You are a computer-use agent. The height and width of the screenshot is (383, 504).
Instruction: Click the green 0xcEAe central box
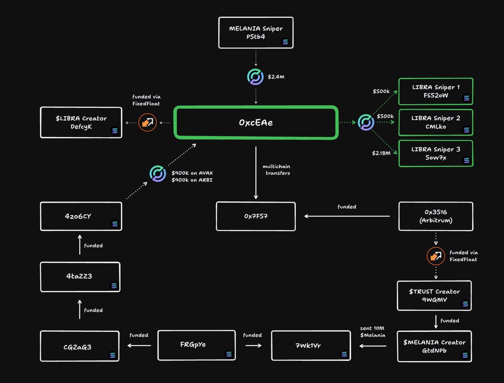pyautogui.click(x=256, y=122)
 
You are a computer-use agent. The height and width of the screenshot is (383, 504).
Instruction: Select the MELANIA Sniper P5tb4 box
pyautogui.click(x=256, y=33)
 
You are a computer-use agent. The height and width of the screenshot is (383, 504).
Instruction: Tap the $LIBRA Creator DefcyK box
pyautogui.click(x=81, y=122)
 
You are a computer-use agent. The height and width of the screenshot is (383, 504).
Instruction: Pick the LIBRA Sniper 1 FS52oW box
pyautogui.click(x=436, y=91)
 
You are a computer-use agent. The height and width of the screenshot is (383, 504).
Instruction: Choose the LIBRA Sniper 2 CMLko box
pyautogui.click(x=436, y=122)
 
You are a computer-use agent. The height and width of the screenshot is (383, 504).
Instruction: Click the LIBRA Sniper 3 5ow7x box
pyautogui.click(x=436, y=154)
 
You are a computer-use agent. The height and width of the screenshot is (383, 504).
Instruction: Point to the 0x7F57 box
pyautogui.click(x=256, y=216)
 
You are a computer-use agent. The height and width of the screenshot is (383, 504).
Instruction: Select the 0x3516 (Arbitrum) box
pyautogui.click(x=435, y=216)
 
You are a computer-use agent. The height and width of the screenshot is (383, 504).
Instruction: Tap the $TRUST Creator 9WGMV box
pyautogui.click(x=434, y=296)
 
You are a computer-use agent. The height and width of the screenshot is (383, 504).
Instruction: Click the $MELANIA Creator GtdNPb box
pyautogui.click(x=434, y=347)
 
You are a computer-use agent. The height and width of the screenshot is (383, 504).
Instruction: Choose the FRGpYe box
pyautogui.click(x=197, y=345)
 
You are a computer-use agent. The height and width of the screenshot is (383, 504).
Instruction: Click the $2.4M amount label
pyautogui.click(x=276, y=77)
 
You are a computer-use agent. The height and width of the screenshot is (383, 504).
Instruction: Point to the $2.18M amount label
pyautogui.click(x=381, y=153)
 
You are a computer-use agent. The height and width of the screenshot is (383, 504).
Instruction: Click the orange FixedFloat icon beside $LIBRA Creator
pyautogui.click(x=148, y=122)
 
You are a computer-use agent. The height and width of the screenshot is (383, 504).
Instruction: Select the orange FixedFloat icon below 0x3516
pyautogui.click(x=436, y=256)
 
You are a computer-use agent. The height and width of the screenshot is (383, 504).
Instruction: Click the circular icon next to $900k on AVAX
pyautogui.click(x=158, y=174)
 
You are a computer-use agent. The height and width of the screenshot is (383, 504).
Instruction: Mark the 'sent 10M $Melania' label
pyautogui.click(x=373, y=331)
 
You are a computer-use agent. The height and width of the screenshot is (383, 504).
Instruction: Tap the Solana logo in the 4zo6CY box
pyautogui.click(x=115, y=224)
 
